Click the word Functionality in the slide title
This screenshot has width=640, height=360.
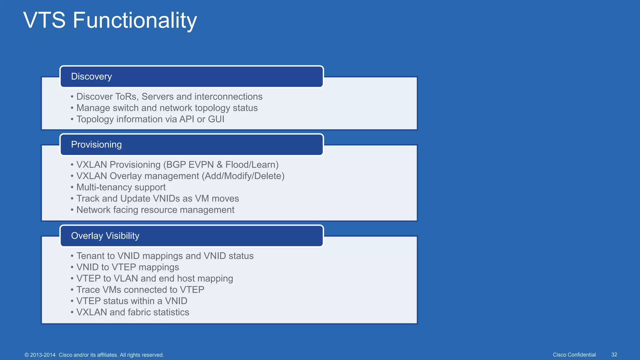pos(135,21)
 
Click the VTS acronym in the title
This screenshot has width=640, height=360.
pos(44,21)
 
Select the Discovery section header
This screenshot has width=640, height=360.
pos(91,77)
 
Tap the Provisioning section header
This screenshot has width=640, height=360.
pos(96,145)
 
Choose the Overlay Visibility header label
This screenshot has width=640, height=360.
pos(105,236)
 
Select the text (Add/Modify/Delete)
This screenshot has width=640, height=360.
pos(243,176)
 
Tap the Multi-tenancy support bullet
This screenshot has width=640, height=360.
pos(121,187)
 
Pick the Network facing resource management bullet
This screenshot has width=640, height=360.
pos(155,210)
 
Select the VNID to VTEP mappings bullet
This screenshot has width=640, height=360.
pos(127,267)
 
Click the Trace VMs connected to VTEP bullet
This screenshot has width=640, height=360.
pos(140,290)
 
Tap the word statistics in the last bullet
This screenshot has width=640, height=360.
pos(171,312)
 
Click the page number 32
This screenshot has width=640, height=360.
pos(614,355)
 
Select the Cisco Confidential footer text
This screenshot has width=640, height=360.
pos(574,355)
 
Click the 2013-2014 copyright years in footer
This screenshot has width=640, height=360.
pos(42,355)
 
